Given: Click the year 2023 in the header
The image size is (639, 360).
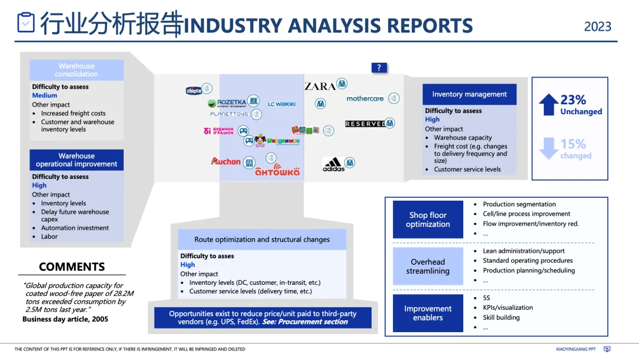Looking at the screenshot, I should (x=598, y=27).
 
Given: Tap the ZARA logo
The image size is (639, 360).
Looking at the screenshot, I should (x=320, y=86).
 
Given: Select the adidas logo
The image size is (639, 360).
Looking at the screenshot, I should (x=333, y=164).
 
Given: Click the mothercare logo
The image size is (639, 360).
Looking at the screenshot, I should (x=365, y=98).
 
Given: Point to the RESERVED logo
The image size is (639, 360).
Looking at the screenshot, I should (x=365, y=124).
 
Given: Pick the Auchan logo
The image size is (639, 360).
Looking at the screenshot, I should (x=226, y=161).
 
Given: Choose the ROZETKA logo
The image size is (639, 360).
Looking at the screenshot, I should (x=231, y=102).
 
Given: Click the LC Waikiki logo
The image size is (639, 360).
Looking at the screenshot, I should (x=282, y=104).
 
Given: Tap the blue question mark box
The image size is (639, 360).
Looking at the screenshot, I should (x=379, y=67).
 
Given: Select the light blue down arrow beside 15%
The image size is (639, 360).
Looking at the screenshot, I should (x=548, y=148).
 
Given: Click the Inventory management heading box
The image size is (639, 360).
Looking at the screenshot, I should (x=469, y=94).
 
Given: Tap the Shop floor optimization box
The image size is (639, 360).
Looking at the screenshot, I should (x=428, y=220).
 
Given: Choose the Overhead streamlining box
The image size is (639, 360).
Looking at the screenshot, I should (x=428, y=266).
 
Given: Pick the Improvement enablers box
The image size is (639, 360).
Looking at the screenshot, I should (x=428, y=313).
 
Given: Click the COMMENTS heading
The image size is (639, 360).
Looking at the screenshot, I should (x=72, y=266).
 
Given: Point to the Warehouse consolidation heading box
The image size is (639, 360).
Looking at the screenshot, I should (x=76, y=70).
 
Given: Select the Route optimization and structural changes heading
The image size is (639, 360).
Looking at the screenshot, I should (x=262, y=240).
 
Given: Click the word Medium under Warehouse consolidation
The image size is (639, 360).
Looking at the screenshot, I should (x=44, y=95).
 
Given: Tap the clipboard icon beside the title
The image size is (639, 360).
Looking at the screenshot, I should (x=26, y=22).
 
